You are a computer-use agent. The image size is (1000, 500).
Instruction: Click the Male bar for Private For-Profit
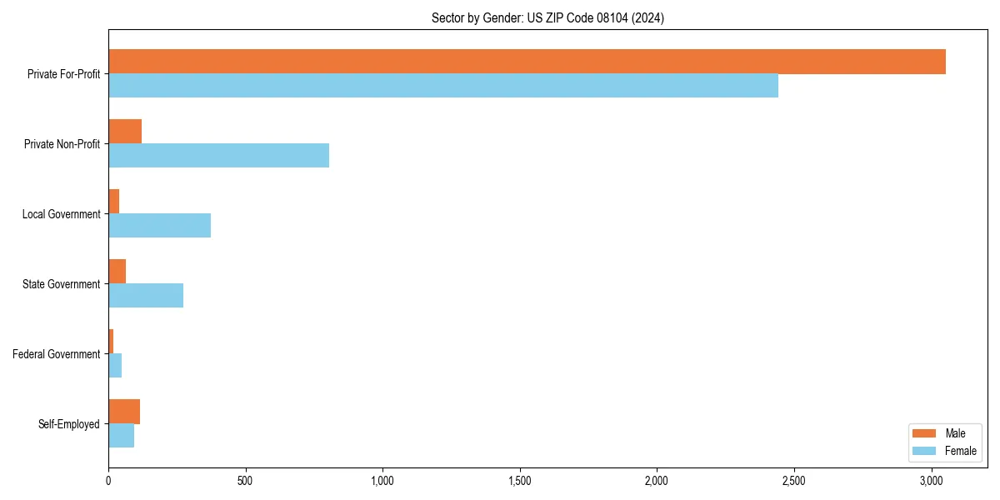[527, 62]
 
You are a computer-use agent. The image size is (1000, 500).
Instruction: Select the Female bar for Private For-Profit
[443, 85]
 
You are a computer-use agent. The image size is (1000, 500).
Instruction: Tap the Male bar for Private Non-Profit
[125, 132]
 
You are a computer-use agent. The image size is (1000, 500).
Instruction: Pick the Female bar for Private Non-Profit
[218, 155]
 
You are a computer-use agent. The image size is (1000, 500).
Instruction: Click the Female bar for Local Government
[159, 225]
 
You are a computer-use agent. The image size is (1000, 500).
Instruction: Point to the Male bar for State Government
[117, 272]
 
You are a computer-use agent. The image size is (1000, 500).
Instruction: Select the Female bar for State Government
[146, 295]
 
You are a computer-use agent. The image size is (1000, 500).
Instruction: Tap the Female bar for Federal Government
[115, 365]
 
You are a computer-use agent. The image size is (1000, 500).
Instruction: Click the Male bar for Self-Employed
[124, 412]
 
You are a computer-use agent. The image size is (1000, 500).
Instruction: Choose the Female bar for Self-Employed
[121, 435]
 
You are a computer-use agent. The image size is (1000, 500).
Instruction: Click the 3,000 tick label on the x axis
[932, 481]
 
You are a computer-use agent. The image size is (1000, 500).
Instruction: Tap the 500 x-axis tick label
[245, 481]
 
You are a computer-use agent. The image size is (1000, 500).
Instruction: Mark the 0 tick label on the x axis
[108, 481]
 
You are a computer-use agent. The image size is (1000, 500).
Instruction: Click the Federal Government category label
[57, 354]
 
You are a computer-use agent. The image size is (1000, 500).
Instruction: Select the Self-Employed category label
[69, 424]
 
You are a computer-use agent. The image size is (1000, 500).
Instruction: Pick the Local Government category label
[62, 214]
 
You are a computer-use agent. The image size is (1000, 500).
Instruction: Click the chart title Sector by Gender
[547, 17]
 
